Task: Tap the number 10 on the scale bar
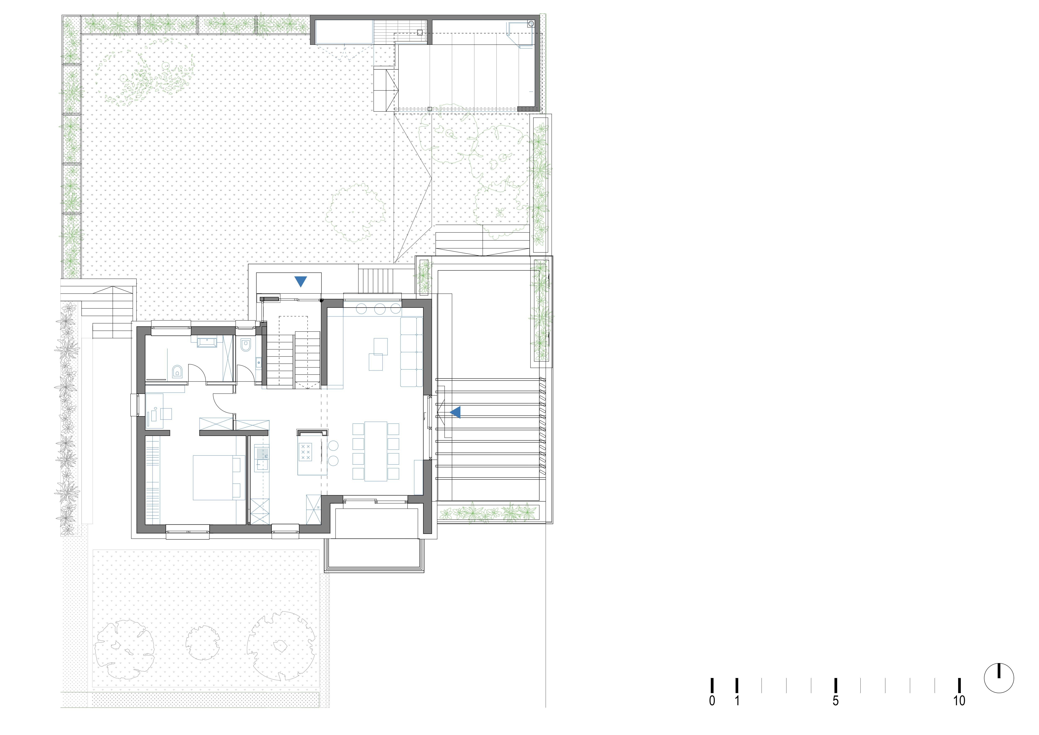959,701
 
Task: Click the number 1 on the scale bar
737,701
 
